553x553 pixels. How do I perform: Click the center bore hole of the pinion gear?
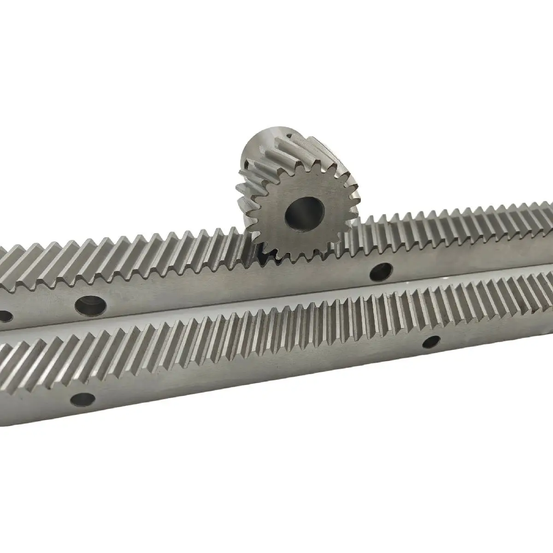pos(305,213)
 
